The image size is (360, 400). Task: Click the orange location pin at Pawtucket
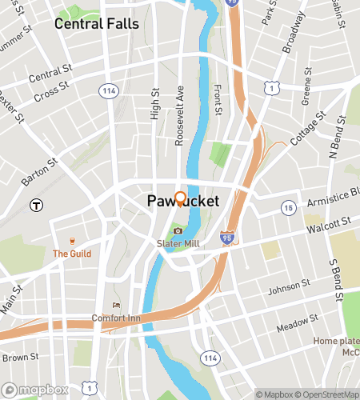[x=180, y=198]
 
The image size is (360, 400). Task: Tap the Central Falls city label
[x=96, y=24]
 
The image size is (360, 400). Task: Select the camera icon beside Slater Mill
[x=178, y=231]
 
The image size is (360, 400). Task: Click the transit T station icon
[x=35, y=205]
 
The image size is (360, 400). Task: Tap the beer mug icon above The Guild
[x=72, y=241]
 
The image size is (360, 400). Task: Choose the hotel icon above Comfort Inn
[x=117, y=305]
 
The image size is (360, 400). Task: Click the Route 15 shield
[x=287, y=208]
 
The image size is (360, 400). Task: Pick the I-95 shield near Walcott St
[x=228, y=238]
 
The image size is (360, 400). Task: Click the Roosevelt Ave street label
[x=180, y=115]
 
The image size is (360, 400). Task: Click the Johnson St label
[x=288, y=285]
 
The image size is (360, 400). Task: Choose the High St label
[x=155, y=104]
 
